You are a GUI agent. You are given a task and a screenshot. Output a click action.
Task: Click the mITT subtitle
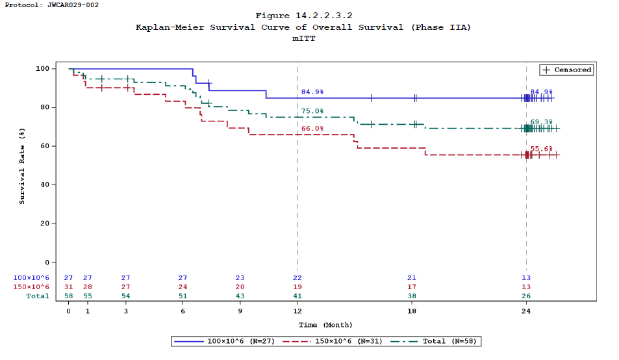point(303,38)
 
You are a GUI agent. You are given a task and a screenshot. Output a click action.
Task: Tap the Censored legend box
point(566,70)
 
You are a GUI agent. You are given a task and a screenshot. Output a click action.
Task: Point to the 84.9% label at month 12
point(312,92)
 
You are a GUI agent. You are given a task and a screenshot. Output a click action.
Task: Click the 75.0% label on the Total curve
point(312,111)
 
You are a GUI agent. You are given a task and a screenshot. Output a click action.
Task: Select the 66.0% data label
point(312,129)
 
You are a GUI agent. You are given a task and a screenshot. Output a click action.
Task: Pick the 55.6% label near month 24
point(542,149)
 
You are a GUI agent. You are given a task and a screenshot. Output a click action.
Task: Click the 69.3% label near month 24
point(542,122)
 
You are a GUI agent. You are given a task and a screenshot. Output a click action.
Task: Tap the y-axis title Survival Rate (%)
point(22,166)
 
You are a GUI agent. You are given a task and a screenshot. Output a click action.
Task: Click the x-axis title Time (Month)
point(325,324)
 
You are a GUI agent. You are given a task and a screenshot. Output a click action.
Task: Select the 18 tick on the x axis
point(412,311)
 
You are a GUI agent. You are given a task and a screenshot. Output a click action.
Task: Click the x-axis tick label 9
point(240,311)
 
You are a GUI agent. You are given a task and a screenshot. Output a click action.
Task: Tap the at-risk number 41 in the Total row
point(297,296)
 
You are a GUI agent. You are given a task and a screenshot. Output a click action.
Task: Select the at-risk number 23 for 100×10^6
point(240,277)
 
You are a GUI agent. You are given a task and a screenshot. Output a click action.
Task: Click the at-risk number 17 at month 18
point(412,287)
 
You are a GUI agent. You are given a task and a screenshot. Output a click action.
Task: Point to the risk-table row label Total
point(37,296)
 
